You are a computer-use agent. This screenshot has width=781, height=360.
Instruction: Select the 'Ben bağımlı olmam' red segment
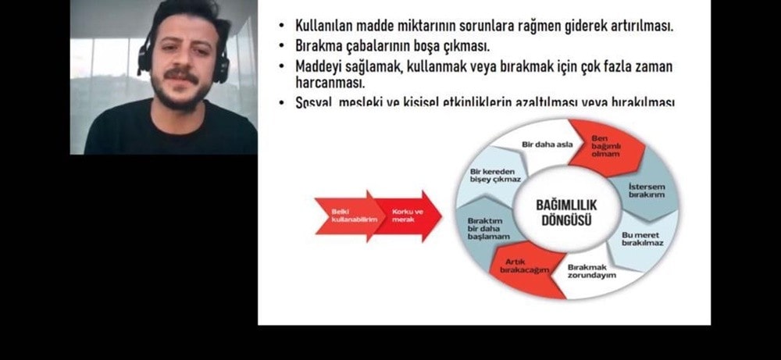click(x=599, y=145)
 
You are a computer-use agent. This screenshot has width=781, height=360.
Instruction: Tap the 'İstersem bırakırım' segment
click(x=646, y=189)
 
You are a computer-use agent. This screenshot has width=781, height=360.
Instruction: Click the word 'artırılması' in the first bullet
click(x=634, y=25)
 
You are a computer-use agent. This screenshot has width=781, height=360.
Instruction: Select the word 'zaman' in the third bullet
click(x=651, y=66)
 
